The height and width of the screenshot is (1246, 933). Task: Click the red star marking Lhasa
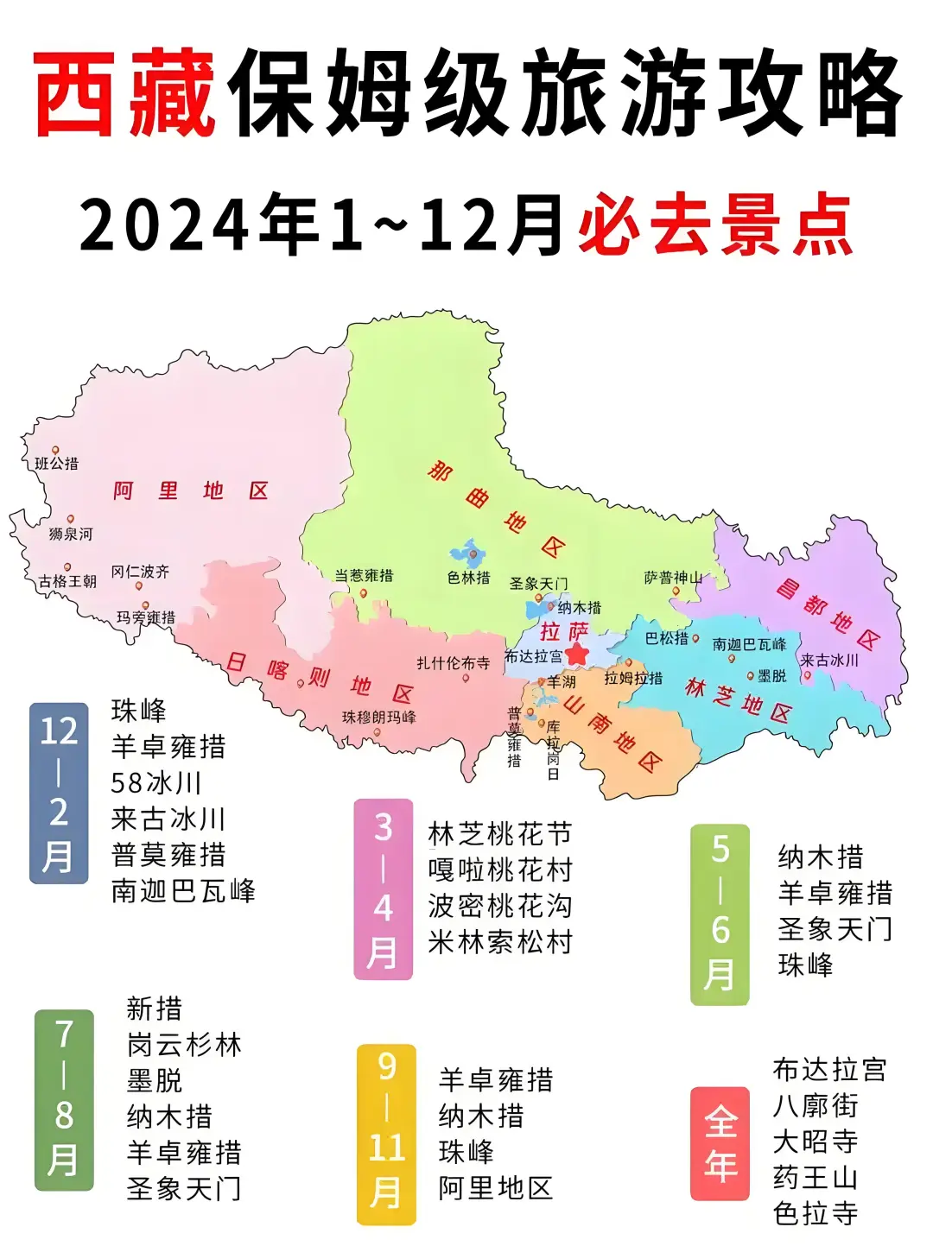577,654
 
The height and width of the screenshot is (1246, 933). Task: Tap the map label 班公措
56,464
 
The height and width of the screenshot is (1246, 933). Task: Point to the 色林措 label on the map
468,578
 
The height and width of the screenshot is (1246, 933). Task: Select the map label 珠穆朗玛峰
378,718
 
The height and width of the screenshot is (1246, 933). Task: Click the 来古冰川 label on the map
829,661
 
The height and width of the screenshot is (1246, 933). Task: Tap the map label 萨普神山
673,578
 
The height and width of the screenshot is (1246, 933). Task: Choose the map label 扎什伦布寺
453,663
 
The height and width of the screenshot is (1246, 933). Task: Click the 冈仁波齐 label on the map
140,572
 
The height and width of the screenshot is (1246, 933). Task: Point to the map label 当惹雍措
364,575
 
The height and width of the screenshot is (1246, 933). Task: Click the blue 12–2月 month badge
59,793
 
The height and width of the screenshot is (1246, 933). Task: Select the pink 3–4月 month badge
384,889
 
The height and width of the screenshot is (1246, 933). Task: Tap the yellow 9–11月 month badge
386,1134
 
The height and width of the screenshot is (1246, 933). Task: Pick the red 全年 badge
720,1143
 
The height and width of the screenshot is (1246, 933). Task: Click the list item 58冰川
156,783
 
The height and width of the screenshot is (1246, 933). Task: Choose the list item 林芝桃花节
500,834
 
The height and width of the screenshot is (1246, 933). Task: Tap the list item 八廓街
815,1105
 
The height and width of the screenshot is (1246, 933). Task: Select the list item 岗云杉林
184,1045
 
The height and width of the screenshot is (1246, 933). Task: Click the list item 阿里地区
495,1188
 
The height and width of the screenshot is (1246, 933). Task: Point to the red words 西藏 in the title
125,92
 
